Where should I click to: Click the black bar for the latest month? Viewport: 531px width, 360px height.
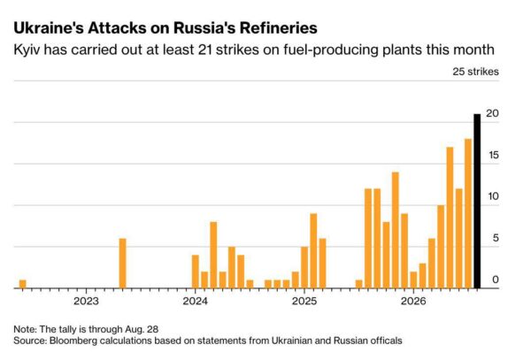coord(477,201)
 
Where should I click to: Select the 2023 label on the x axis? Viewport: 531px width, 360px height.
coord(86,301)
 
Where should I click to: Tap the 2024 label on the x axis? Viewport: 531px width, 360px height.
coord(195,301)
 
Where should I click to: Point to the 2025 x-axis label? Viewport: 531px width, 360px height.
coord(304,301)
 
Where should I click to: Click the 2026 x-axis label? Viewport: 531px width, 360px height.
coord(413,301)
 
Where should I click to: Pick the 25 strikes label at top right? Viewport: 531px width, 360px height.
coord(475,72)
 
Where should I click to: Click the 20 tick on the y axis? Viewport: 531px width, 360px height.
coord(492,113)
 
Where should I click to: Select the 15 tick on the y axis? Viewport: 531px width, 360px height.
coord(493,155)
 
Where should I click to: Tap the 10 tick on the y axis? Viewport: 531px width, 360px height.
coord(493,196)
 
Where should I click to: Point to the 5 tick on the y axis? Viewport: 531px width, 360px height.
coord(496,238)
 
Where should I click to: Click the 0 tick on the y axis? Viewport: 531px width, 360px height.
coord(496,280)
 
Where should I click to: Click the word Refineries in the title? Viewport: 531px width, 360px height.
coord(279,27)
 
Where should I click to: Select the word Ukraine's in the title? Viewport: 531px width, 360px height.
coord(49,27)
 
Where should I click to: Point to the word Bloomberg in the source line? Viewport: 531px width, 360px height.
coord(69,341)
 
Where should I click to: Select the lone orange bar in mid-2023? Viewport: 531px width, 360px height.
coord(123,264)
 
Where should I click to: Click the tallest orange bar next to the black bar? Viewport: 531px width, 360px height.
coord(468,213)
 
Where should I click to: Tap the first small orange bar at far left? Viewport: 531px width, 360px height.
coord(23,284)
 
